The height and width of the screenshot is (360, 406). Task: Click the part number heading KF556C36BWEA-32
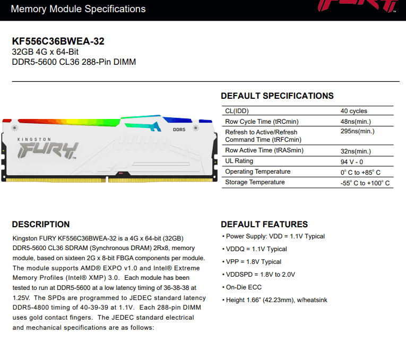58,41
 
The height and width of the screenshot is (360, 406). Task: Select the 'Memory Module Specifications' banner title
78,9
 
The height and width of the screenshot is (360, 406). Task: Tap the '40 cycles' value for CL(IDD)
353,111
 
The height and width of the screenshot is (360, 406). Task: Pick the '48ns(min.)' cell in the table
356,122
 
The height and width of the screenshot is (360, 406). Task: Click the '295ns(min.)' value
357,131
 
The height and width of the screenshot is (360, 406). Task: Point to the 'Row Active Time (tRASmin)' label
264,150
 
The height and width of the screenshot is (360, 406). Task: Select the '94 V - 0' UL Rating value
352,162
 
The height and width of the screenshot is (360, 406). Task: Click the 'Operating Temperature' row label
257,172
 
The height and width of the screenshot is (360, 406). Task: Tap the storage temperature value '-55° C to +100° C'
365,183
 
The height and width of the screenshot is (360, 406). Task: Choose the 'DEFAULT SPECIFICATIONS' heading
277,96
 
